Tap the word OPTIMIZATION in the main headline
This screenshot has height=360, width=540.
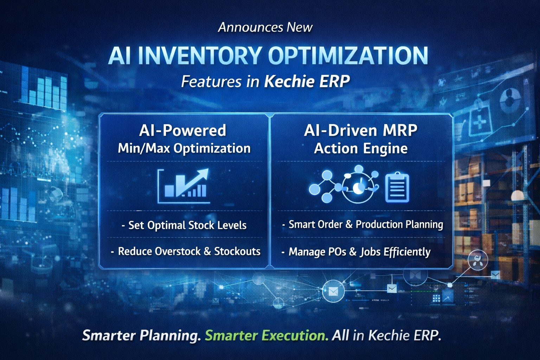[x=348, y=56]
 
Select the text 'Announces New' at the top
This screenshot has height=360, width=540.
[x=265, y=27]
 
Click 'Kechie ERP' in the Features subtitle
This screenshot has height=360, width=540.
[x=307, y=82]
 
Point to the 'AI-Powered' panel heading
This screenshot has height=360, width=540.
[x=182, y=130]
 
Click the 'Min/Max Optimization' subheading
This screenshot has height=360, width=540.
[x=184, y=148]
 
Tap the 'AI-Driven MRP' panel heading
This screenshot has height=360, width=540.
[x=361, y=130]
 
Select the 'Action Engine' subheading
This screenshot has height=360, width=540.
[x=361, y=148]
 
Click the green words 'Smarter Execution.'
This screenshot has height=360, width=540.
[x=266, y=335]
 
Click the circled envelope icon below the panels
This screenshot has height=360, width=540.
[x=333, y=291]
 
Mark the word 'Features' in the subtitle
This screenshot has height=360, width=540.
[x=211, y=82]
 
